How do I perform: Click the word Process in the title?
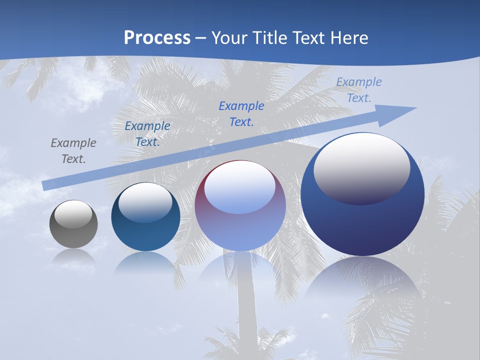(x=157, y=38)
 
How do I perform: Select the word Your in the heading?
(x=230, y=38)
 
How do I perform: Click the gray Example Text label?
(x=73, y=150)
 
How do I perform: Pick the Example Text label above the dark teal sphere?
(x=147, y=133)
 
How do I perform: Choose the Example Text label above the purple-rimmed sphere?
(x=241, y=113)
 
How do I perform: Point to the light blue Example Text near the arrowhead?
(x=359, y=89)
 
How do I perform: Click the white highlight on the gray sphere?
(x=73, y=214)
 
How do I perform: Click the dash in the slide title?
(x=201, y=38)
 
